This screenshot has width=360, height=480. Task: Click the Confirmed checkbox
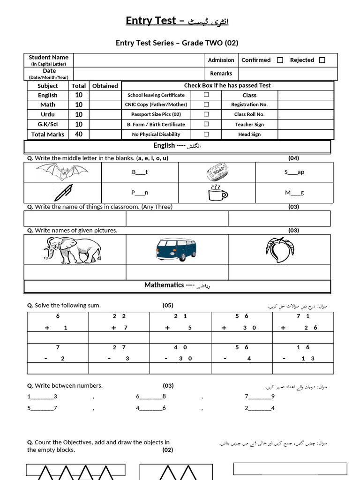tap(280, 60)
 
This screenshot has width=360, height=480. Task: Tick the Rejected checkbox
tap(322, 60)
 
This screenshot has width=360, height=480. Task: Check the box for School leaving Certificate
tap(206, 95)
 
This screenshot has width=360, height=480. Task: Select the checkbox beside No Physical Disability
tap(206, 134)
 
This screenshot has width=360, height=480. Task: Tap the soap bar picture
tap(217, 172)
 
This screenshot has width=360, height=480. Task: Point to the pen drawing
tap(63, 192)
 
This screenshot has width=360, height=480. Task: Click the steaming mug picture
tap(217, 192)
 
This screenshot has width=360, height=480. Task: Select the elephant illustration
tap(73, 249)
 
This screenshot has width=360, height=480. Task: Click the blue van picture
tap(176, 249)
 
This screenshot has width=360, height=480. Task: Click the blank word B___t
tap(140, 172)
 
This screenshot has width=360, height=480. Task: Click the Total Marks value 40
tap(79, 134)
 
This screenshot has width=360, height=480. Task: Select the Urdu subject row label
tap(47, 114)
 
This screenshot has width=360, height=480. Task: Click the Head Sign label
tap(249, 135)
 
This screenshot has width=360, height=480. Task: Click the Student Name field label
tap(49, 58)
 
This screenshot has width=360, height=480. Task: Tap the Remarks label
tap(221, 74)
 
